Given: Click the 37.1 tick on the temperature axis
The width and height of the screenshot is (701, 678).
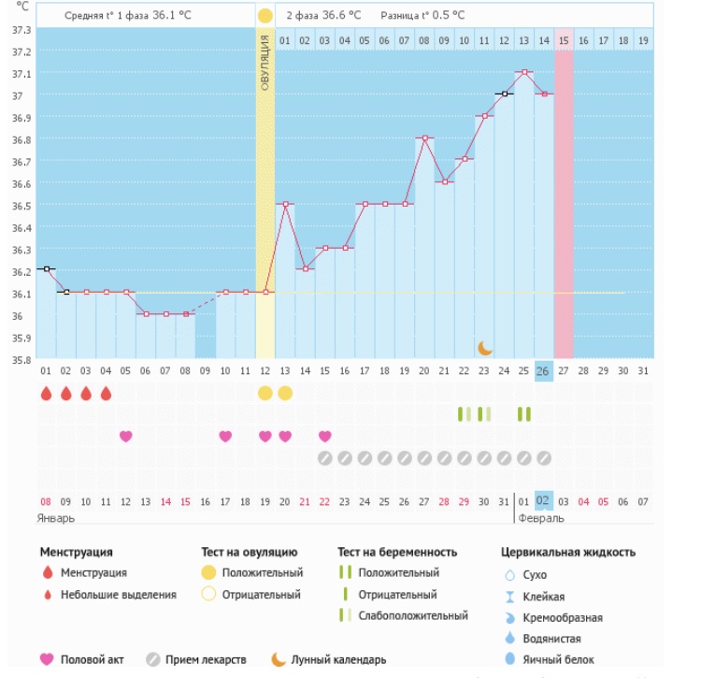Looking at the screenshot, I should pyautogui.click(x=19, y=74).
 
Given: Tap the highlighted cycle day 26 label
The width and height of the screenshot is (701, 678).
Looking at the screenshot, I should pyautogui.click(x=544, y=370).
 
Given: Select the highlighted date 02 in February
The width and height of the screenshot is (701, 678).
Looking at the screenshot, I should pyautogui.click(x=544, y=501).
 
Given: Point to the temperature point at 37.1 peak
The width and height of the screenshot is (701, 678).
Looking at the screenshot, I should pyautogui.click(x=524, y=72).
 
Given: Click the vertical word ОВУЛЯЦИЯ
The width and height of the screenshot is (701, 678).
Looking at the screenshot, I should pyautogui.click(x=265, y=63).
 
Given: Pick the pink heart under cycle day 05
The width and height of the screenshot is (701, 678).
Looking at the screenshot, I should pyautogui.click(x=126, y=436).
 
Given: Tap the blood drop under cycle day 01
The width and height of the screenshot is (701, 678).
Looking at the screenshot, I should pyautogui.click(x=47, y=394).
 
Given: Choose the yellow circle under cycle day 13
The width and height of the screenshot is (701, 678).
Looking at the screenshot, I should pyautogui.click(x=285, y=393).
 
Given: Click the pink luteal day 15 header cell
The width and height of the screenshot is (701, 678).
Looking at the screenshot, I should pyautogui.click(x=564, y=40).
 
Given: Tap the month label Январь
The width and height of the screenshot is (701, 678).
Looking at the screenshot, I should pyautogui.click(x=56, y=517).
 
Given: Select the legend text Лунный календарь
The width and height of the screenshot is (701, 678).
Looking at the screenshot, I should pyautogui.click(x=339, y=660).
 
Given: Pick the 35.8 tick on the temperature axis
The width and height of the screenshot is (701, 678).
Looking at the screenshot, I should pyautogui.click(x=19, y=359).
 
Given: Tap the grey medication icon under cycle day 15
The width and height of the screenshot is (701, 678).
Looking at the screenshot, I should pyautogui.click(x=324, y=458).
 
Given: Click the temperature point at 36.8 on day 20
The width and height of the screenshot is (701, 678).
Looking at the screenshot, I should pyautogui.click(x=425, y=138).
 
